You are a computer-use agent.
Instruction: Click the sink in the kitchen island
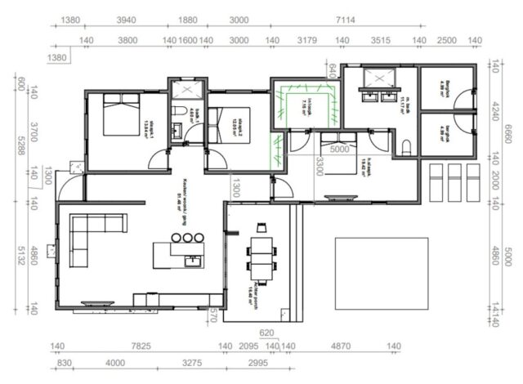[x=193, y=261]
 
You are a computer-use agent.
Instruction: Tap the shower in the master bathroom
[x=377, y=78]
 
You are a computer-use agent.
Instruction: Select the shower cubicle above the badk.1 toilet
[x=187, y=88]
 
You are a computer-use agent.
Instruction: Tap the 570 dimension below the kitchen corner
[x=213, y=314]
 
